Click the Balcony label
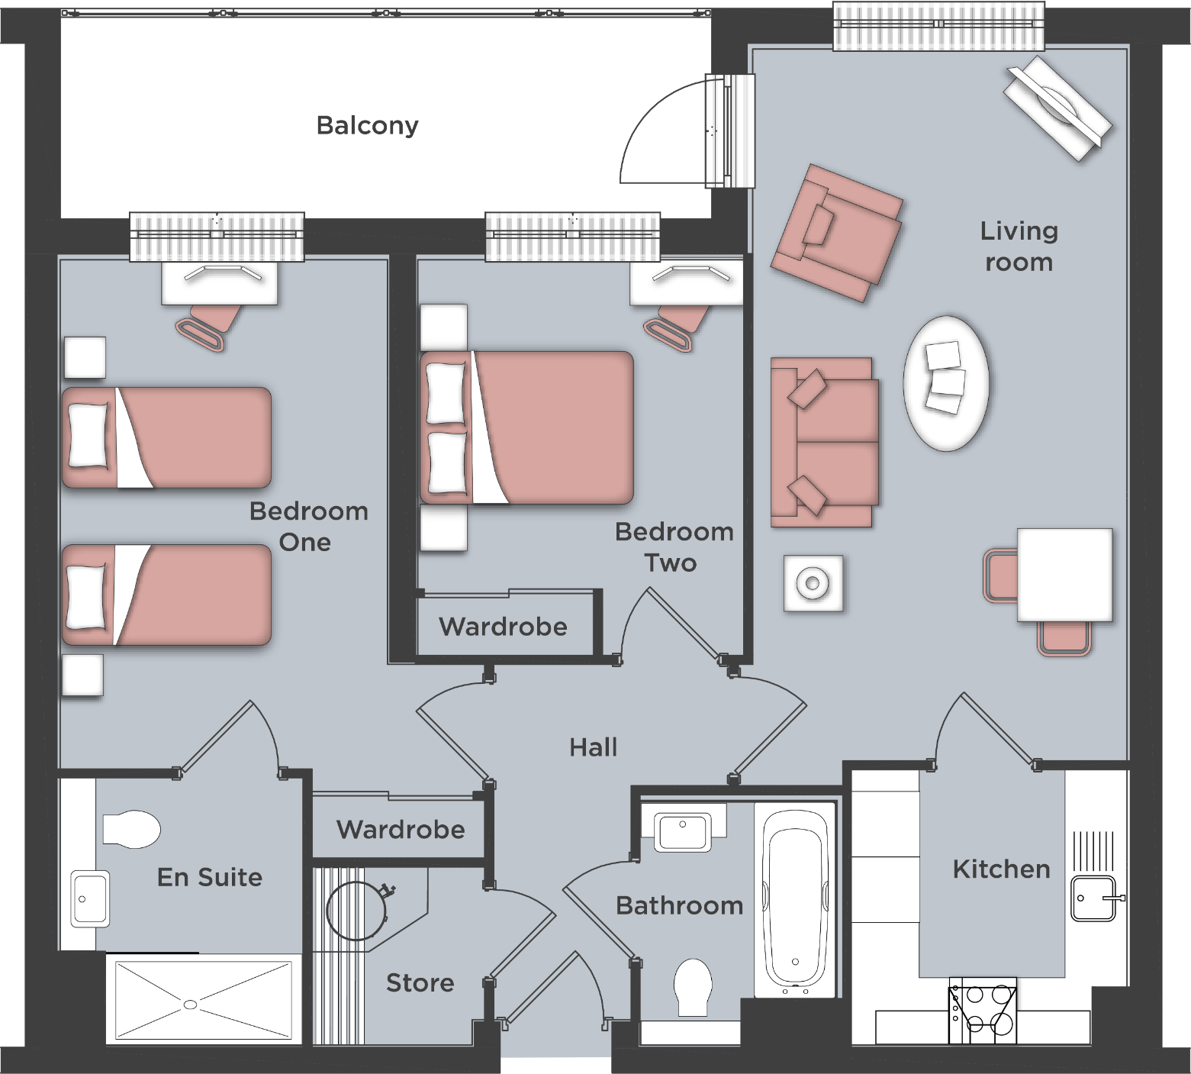(x=367, y=125)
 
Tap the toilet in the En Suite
(x=130, y=829)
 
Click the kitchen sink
(x=1094, y=898)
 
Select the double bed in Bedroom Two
(x=527, y=427)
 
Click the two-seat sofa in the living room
(x=823, y=442)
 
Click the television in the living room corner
(x=1057, y=108)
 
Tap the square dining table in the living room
(x=1064, y=574)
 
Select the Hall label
(x=593, y=747)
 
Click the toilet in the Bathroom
(x=693, y=986)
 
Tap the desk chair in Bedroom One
(x=211, y=324)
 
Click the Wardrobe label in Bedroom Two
(x=503, y=627)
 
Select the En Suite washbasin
(x=89, y=898)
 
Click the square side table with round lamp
(x=813, y=583)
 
